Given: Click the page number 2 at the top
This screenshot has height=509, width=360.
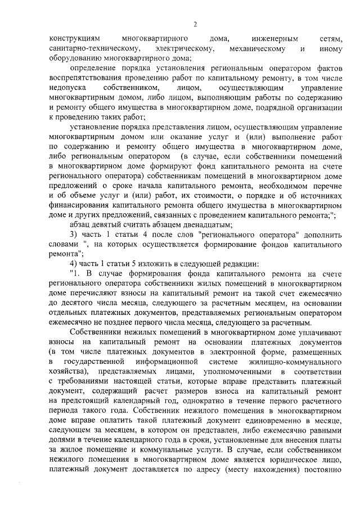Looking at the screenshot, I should click(195, 24).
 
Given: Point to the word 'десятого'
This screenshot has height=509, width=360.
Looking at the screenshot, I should click(76, 301).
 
